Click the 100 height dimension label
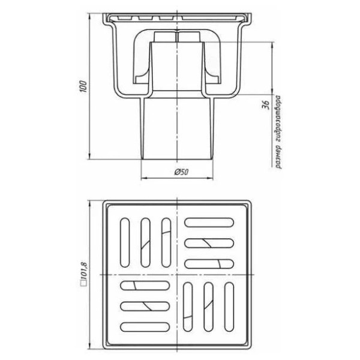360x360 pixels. pyautogui.click(x=84, y=86)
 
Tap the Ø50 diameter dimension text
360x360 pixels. pyautogui.click(x=181, y=172)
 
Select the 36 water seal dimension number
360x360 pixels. pyautogui.click(x=266, y=104)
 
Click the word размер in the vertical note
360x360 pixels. pyautogui.click(x=278, y=157)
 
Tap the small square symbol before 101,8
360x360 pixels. pyautogui.click(x=84, y=284)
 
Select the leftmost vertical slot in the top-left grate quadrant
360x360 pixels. pyautogui.click(x=125, y=242)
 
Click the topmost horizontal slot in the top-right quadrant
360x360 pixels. pyautogui.click(x=209, y=223)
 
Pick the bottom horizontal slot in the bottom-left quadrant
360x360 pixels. pyautogui.click(x=145, y=327)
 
